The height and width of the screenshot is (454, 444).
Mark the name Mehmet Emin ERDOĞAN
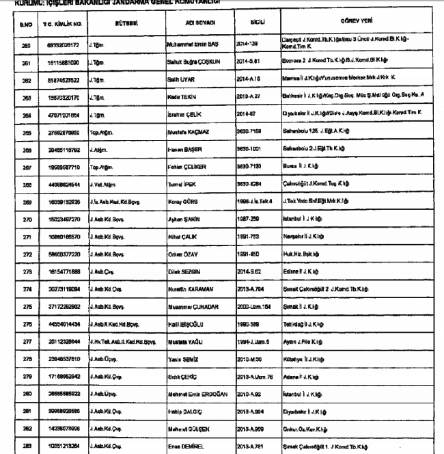click(199, 396)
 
